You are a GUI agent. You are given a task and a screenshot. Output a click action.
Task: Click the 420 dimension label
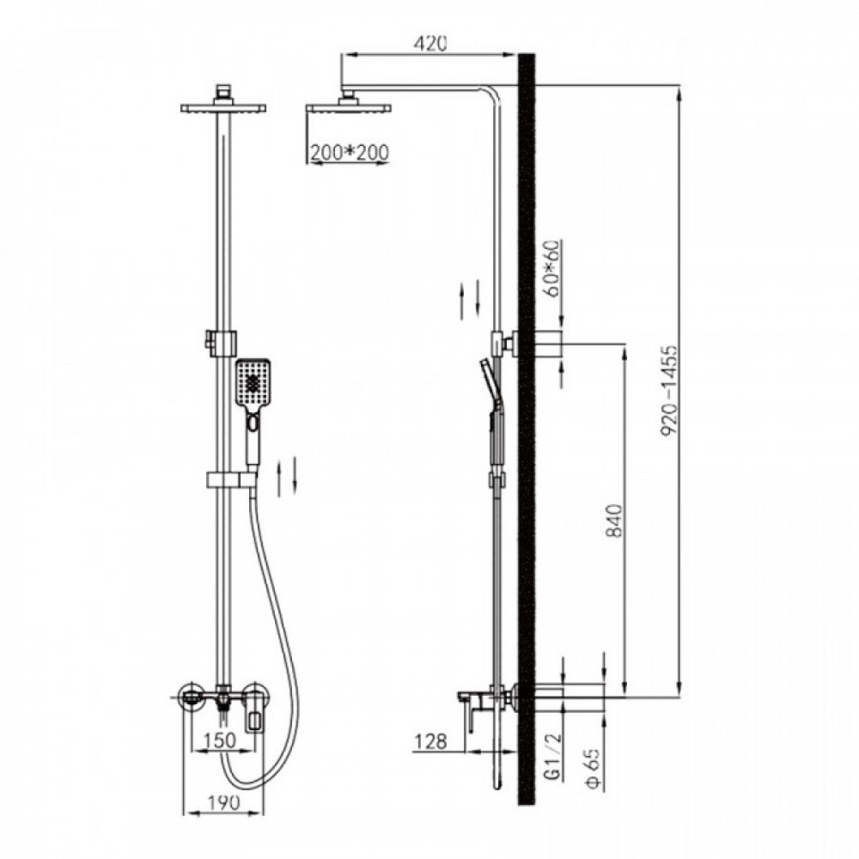tap(430, 43)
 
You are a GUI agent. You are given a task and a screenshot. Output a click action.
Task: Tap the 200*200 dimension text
tap(349, 151)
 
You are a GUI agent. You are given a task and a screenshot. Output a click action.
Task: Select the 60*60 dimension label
tap(553, 268)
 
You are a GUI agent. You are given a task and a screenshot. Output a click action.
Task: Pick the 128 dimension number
tap(430, 741)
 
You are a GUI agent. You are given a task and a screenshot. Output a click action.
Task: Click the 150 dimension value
tap(219, 740)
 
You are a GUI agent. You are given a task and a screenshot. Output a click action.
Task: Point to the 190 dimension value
tap(224, 802)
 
